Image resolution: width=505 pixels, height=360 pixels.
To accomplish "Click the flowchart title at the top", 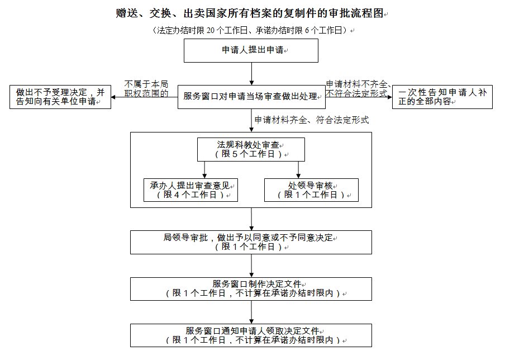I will click(251, 13).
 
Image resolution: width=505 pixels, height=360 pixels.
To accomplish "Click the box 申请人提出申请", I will click(251, 50).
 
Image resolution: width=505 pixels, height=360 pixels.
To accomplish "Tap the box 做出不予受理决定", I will click(60, 97).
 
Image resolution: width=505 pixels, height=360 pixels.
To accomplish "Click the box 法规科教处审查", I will click(251, 149).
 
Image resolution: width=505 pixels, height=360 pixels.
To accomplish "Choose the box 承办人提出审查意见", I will click(190, 190).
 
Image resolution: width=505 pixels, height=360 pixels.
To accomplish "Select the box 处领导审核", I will click(311, 190).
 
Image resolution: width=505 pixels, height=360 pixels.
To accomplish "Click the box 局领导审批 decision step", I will click(251, 242).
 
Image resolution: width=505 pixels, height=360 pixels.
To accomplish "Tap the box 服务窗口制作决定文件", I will click(251, 288).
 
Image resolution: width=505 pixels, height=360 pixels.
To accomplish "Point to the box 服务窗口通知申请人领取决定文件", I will click(251, 335).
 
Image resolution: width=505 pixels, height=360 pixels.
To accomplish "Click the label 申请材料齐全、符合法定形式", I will click(311, 120).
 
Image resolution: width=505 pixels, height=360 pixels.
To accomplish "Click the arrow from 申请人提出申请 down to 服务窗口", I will click(251, 73).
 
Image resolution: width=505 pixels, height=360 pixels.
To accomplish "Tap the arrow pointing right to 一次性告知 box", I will click(358, 97).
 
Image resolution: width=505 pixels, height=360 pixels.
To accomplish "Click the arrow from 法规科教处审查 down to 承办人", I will click(205, 170).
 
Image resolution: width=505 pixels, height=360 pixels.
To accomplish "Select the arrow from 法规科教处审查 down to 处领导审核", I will click(298, 170).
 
